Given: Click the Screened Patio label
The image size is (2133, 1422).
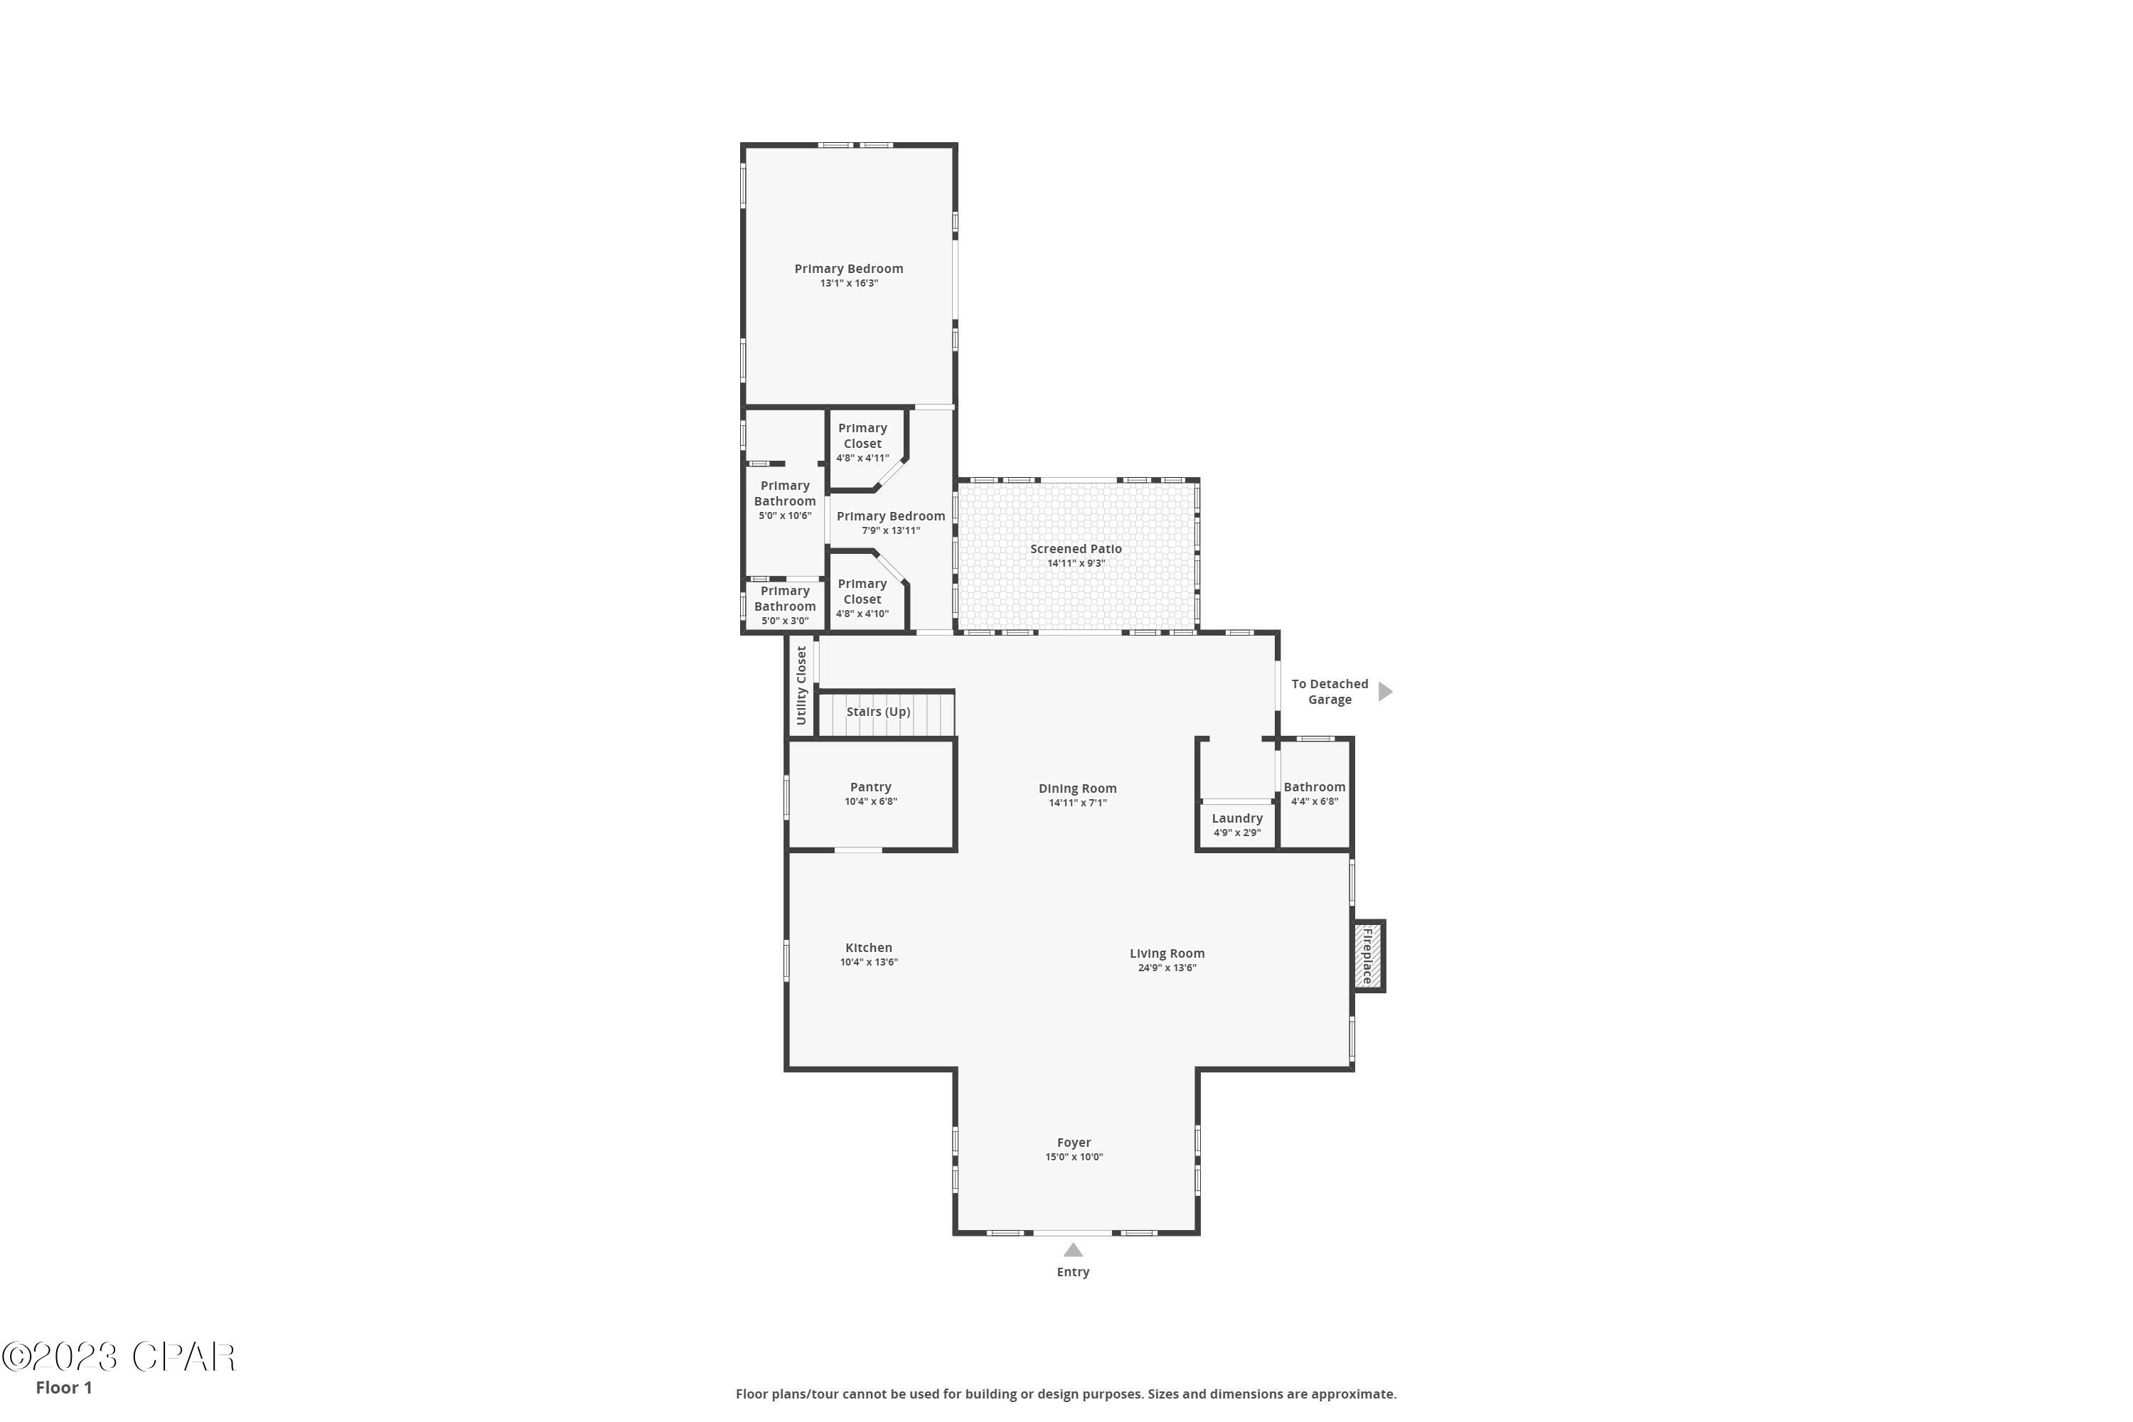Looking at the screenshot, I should coord(1076,549).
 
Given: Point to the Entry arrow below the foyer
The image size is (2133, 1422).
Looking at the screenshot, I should coord(1073,1251).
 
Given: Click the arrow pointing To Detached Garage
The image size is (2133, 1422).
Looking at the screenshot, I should coord(1385,692).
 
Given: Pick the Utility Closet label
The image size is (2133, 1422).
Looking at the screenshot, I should coord(801,685).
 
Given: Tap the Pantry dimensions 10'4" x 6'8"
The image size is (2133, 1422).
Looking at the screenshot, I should coord(870,802).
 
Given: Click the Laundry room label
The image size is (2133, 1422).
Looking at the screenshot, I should coord(1237,818).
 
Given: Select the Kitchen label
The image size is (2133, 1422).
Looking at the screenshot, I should coord(869,948).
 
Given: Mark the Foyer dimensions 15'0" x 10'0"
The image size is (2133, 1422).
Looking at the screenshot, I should coord(1074,1158).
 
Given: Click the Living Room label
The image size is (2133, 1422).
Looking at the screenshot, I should coord(1167,953).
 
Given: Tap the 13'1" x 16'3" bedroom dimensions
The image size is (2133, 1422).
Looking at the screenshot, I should coord(849,283).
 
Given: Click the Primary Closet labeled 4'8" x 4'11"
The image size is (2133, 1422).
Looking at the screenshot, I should coord(862,442).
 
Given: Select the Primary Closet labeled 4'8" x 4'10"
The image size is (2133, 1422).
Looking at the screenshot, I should coord(862,598).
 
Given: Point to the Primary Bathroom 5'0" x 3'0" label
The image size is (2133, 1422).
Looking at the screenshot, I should coord(784,605).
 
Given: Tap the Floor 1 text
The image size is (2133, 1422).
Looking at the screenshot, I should coord(63,1388).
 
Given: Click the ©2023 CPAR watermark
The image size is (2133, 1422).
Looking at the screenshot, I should coord(118,1357).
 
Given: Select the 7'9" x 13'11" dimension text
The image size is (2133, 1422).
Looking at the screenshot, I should coord(891,530).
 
